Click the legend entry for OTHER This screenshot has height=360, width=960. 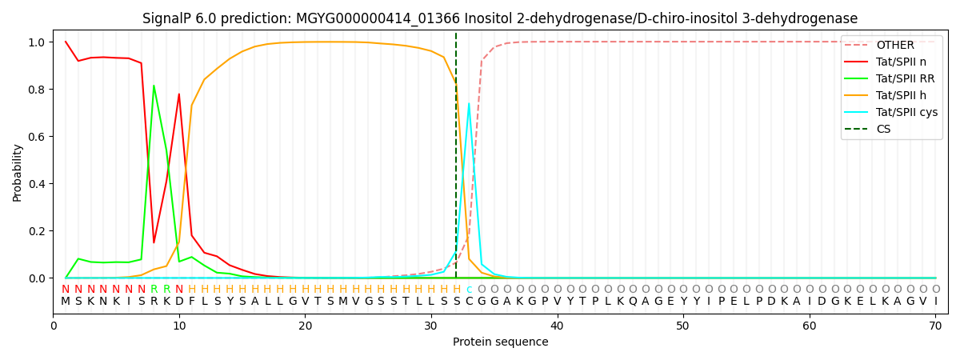tap(894, 45)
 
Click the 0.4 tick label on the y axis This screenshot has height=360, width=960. tap(37, 184)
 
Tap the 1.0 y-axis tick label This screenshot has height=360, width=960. tap(37, 42)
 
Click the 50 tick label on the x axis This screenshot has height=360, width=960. tap(682, 326)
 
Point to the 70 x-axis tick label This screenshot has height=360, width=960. tap(934, 326)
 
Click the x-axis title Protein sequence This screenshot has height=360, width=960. tap(500, 342)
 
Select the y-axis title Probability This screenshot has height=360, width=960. tap(18, 172)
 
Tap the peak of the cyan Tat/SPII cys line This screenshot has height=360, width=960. tap(469, 103)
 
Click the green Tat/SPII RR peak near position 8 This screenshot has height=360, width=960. tap(154, 86)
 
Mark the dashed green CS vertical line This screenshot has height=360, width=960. tap(456, 160)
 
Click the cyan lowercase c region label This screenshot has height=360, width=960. tap(469, 290)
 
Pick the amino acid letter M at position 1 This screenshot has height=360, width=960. tap(66, 302)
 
